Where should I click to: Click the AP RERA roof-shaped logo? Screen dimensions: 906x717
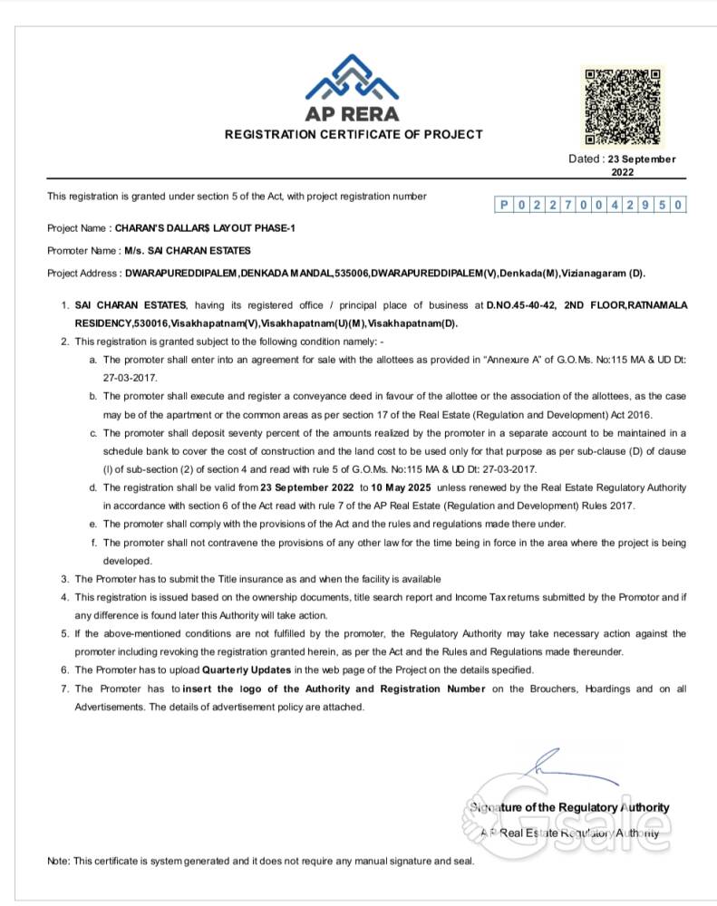[353, 79]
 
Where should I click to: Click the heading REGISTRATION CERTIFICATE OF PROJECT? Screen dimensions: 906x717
[354, 134]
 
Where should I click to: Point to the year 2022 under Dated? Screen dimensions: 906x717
[622, 172]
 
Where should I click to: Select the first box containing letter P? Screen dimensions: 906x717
[504, 206]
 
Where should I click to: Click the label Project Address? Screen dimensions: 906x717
[82, 273]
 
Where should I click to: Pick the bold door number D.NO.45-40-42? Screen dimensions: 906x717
[520, 305]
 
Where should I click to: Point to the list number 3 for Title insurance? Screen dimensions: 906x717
[64, 578]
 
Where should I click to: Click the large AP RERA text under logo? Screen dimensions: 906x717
[353, 115]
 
